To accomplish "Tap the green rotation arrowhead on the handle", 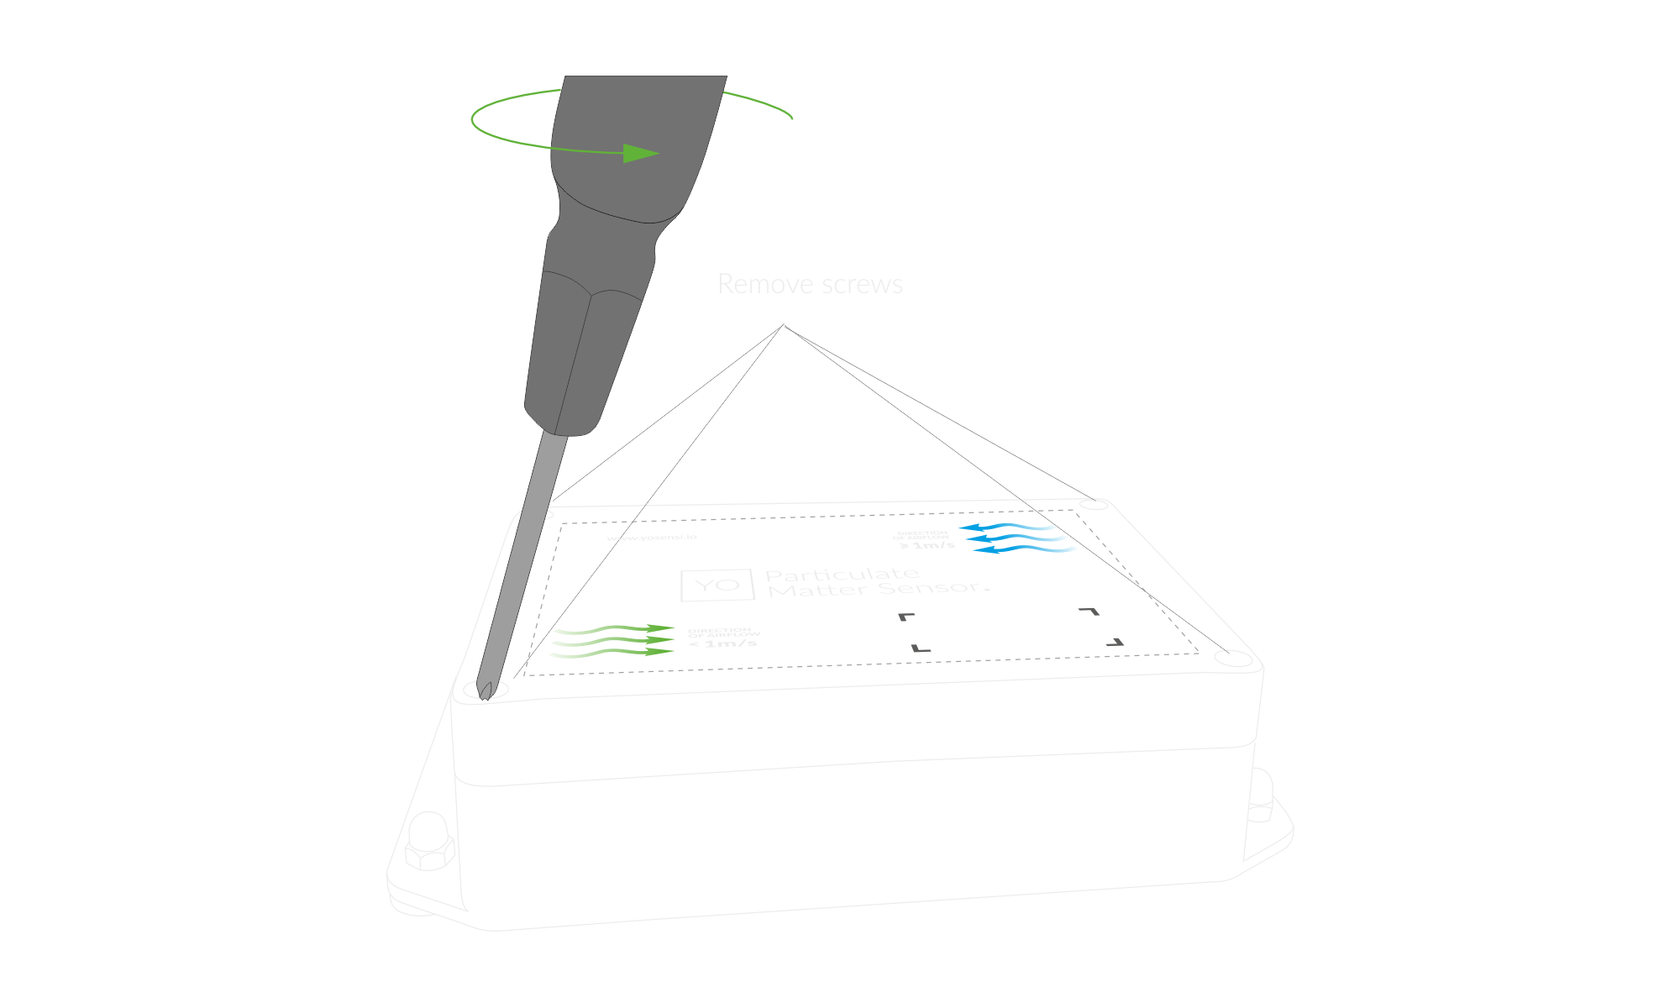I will pos(641,154).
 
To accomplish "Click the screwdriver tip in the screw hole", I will pos(486,690).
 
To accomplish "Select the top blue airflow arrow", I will pos(1008,528).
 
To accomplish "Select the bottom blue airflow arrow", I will pos(1025,549).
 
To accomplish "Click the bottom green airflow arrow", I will pos(613,653).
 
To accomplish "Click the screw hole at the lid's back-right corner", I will pos(1095,504).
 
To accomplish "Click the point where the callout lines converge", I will pos(784,325).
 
